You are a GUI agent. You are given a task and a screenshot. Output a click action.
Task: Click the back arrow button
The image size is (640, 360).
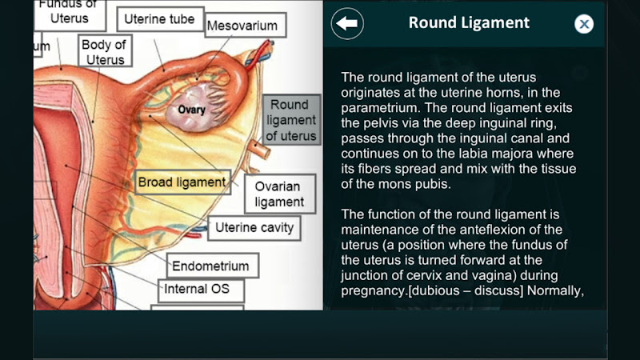tap(347, 24)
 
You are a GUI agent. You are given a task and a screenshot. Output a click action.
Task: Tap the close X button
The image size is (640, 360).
tap(584, 24)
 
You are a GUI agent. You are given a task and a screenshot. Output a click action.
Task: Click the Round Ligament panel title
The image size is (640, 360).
tap(469, 23)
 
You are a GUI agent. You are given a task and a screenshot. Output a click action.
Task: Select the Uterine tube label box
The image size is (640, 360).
tap(159, 19)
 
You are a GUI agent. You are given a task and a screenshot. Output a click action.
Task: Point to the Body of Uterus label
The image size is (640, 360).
tap(105, 51)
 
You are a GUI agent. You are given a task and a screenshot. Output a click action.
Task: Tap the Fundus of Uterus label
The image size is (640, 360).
tap(70, 13)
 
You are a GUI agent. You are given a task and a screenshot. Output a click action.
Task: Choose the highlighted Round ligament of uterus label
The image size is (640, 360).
tap(291, 120)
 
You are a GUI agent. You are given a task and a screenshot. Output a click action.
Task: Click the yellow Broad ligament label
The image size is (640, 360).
tap(182, 182)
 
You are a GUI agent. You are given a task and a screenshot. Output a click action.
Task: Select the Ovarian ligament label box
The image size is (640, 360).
tap(279, 194)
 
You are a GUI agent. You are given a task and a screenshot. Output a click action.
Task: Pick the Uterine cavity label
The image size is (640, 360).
tap(254, 227)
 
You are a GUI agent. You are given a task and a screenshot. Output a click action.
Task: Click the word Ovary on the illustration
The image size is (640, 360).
tap(191, 110)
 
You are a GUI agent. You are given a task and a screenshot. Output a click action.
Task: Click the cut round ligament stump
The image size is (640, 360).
tap(261, 149)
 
